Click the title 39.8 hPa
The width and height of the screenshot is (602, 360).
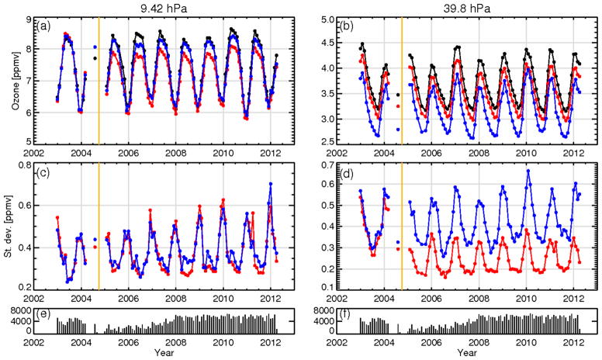click(463, 7)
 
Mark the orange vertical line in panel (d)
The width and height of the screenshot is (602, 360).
click(402, 226)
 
